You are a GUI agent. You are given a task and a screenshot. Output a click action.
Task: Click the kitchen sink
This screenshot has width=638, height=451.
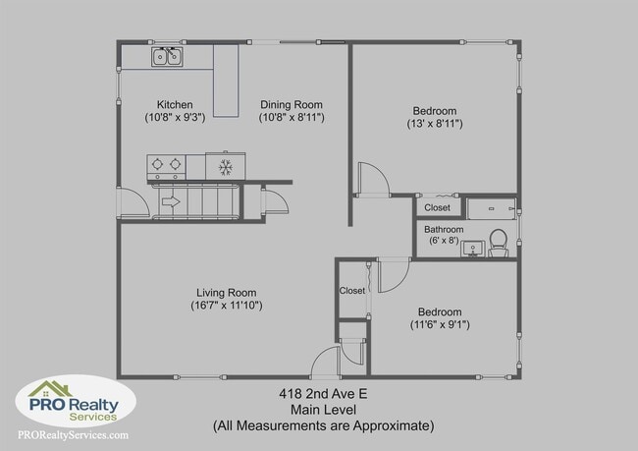click(x=167, y=57)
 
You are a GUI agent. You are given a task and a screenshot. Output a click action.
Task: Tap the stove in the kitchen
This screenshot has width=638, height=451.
click(x=167, y=166)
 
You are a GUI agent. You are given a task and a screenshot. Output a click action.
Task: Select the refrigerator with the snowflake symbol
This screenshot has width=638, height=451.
click(x=225, y=166)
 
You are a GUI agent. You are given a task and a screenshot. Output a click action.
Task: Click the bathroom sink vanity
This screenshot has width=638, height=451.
click(x=472, y=248)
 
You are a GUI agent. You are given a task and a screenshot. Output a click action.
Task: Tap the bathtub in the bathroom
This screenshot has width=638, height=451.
click(x=491, y=208)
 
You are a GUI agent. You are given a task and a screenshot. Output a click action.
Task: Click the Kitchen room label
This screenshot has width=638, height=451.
click(x=175, y=105)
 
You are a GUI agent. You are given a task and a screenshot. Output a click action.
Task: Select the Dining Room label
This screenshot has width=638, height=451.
click(x=292, y=105)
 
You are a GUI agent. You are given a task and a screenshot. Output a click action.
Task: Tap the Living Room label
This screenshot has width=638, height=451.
click(x=227, y=293)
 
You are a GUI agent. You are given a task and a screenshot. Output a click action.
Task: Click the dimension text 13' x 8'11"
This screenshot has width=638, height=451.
click(x=435, y=125)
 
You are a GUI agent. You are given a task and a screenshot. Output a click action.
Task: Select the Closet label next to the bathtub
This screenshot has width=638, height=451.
click(x=437, y=208)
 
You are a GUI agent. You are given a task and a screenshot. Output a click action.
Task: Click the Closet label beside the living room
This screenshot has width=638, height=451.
click(x=351, y=291)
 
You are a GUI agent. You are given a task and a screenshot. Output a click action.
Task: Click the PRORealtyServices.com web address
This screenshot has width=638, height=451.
click(x=73, y=435)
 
